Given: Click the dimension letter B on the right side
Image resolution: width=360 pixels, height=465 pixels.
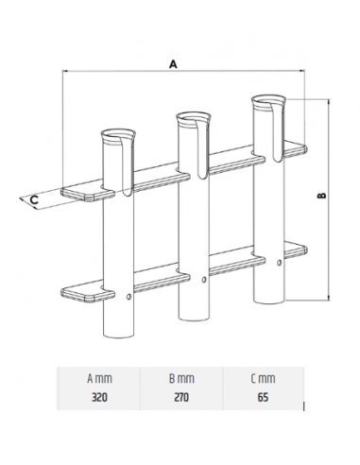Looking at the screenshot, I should pos(322,196).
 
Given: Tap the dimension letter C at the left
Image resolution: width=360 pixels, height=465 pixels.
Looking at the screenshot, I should pos(34,199).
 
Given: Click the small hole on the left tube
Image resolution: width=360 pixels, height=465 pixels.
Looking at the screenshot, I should pos(129,300).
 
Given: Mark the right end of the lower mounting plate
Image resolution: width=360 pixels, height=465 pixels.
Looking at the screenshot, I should pos(302,250).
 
